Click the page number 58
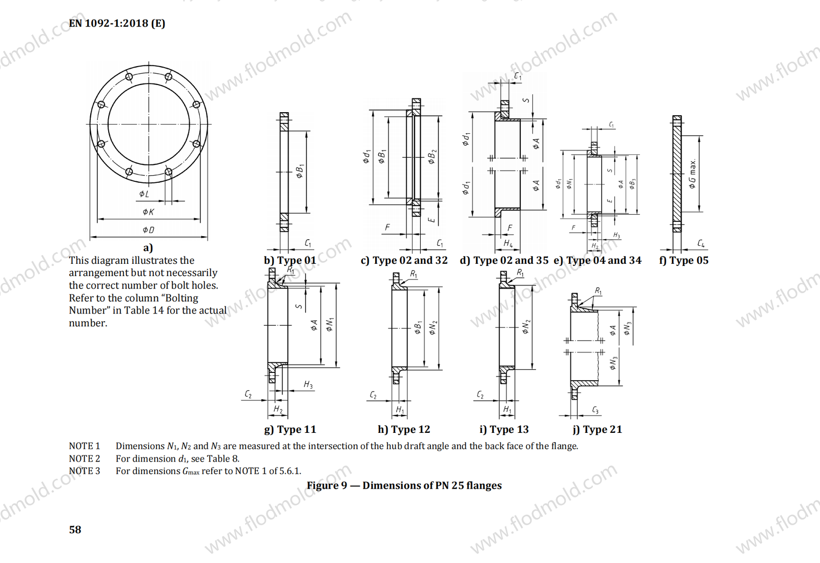point(75,530)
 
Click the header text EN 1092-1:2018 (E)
point(117,23)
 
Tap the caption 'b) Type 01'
point(290,260)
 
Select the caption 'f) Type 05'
point(684,260)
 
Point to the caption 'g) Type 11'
point(290,429)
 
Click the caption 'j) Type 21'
point(597,429)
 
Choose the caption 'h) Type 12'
point(404,429)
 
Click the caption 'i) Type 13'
point(504,429)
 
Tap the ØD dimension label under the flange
point(148,230)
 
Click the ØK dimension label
point(148,212)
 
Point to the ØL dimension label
point(145,194)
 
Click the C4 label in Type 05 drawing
point(701,243)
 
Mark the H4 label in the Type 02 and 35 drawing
point(508,243)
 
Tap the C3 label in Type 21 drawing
point(595,410)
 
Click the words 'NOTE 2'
point(85,458)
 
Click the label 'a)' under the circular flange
point(148,248)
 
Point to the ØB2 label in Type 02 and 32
point(432,157)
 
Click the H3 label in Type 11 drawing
point(308,385)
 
